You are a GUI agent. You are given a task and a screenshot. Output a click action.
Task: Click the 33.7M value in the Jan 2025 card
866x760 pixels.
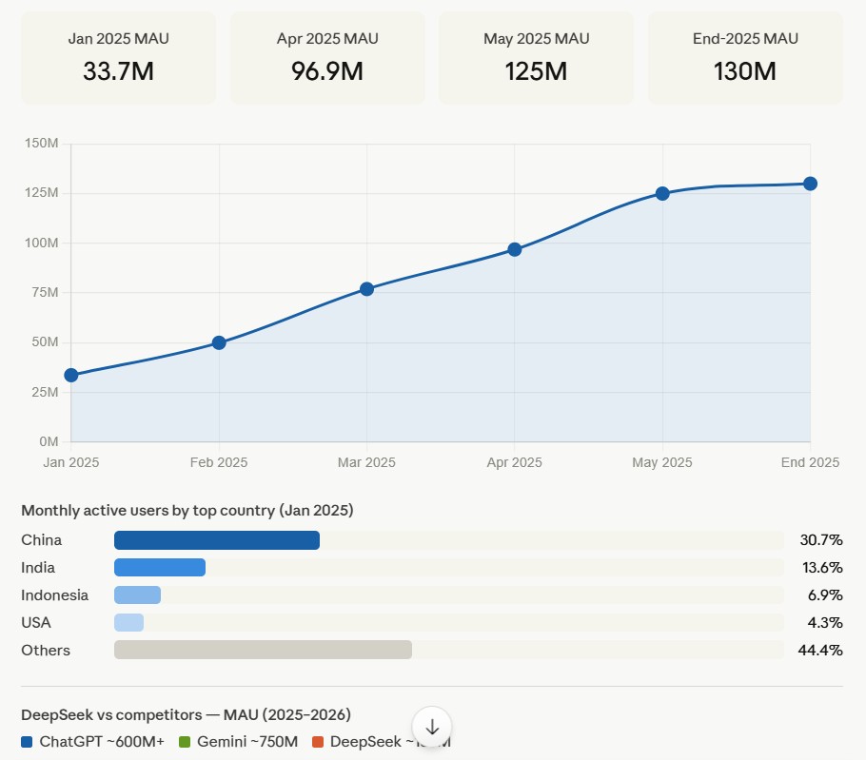click(118, 71)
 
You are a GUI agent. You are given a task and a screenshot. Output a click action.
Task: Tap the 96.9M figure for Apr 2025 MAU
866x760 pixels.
click(327, 71)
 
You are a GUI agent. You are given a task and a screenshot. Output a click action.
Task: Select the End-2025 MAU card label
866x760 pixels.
click(745, 39)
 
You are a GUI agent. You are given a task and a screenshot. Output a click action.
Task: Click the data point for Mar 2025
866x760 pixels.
click(366, 288)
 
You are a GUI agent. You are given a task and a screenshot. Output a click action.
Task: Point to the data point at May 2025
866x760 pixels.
click(662, 193)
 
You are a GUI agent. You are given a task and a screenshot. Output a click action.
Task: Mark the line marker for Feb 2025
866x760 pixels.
click(219, 342)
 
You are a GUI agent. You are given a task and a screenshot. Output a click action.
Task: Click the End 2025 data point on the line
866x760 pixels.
click(810, 184)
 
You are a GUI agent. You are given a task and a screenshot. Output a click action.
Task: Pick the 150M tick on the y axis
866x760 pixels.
click(42, 144)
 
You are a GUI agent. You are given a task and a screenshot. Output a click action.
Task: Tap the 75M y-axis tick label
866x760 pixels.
click(45, 293)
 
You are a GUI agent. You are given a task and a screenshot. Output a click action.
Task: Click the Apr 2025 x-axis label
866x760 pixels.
click(514, 462)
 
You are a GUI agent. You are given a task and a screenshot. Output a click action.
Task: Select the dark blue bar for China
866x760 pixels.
click(217, 540)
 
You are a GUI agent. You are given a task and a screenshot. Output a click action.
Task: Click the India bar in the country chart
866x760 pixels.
click(160, 568)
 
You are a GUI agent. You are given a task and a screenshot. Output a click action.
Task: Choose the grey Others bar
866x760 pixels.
click(263, 650)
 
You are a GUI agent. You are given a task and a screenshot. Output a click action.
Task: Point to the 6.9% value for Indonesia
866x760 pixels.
click(820, 595)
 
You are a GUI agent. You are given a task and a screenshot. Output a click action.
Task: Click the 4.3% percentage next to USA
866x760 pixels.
click(820, 623)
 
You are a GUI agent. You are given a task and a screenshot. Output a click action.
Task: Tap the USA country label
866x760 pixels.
click(36, 623)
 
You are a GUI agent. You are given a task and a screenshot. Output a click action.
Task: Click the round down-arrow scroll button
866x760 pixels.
click(432, 727)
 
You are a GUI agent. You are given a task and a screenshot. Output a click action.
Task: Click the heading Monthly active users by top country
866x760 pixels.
click(187, 511)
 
